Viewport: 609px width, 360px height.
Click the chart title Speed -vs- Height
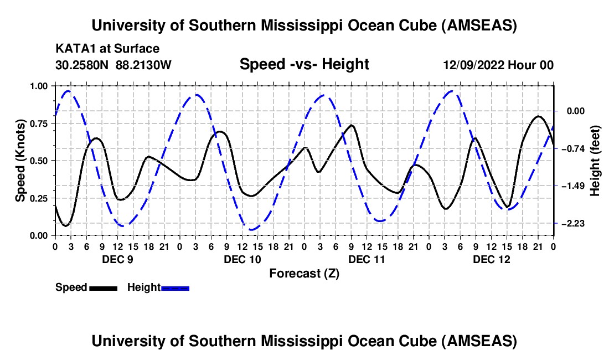click(x=304, y=64)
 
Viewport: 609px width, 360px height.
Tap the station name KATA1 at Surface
click(x=107, y=49)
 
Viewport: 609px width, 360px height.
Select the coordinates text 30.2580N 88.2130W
click(x=113, y=65)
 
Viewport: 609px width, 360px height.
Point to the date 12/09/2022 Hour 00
click(x=498, y=65)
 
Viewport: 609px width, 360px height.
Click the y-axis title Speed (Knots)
click(x=20, y=161)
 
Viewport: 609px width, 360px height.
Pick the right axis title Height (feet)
click(x=595, y=161)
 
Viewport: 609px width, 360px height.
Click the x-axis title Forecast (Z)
click(x=304, y=273)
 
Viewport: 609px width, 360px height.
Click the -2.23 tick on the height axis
click(x=572, y=223)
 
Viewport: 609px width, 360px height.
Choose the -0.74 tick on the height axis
click(x=572, y=148)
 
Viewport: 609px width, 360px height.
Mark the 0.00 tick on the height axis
click(x=572, y=111)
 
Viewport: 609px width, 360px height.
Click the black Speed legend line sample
click(x=103, y=287)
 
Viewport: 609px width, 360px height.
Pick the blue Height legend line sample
click(x=176, y=287)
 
